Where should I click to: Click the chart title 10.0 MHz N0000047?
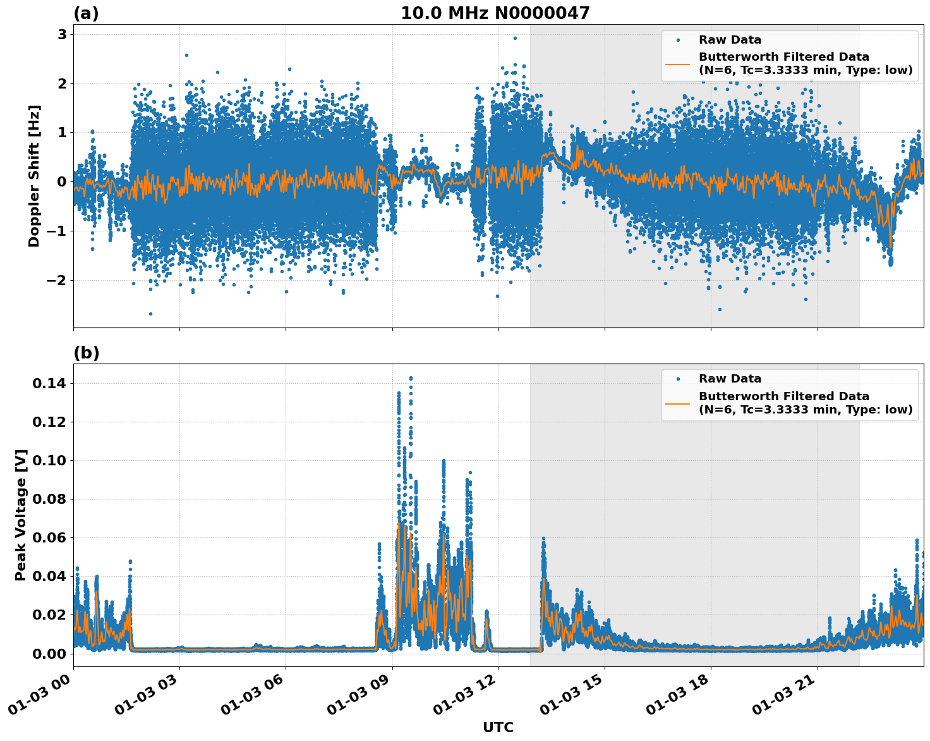495,13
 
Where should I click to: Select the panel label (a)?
86,13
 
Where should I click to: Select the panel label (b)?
86,353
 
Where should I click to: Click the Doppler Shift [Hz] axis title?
34,176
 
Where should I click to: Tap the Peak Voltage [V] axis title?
21,515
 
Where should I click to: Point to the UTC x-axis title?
498,727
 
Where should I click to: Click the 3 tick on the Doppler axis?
62,34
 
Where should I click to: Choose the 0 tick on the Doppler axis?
62,181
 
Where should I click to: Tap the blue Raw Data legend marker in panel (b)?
678,379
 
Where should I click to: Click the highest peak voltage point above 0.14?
411,378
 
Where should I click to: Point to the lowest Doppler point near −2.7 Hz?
150,314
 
